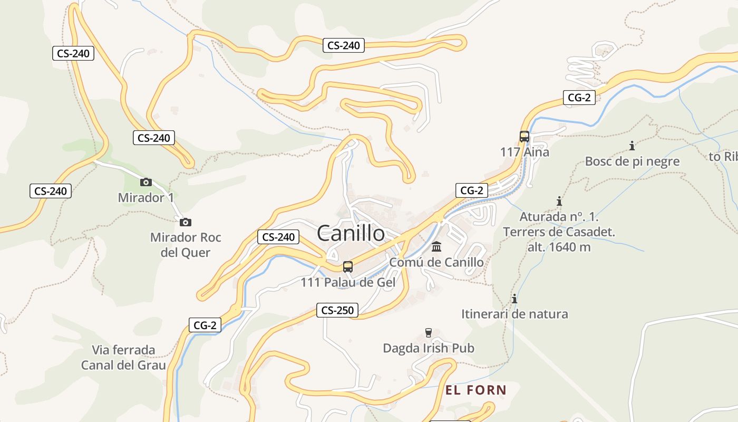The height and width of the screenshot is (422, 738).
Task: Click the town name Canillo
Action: pos(351,234)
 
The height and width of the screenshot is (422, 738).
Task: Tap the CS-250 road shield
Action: pos(337,310)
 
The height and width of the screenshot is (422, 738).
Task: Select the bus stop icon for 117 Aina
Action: pos(524,137)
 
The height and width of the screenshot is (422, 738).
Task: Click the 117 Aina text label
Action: pos(525,152)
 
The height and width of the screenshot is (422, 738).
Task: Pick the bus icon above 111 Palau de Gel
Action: pos(348,267)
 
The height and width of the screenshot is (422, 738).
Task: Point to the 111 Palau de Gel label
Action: pos(348,283)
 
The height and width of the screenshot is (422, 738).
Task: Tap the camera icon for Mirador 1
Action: pos(146,183)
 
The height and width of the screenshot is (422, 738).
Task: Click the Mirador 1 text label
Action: pos(145,198)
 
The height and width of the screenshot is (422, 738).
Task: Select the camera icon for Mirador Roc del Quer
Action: pos(185,222)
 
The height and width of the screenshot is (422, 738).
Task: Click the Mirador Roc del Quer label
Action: pos(186,245)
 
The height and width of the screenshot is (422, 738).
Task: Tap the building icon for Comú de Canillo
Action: pos(436,247)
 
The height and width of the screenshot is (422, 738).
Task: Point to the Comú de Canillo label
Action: pos(436,262)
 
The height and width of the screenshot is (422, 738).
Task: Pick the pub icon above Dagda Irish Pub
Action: pos(428,333)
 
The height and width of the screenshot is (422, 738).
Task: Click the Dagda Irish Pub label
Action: pos(429,348)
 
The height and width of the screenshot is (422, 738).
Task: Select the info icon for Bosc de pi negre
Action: pos(632,146)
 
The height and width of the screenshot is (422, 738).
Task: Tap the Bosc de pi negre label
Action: pos(632,161)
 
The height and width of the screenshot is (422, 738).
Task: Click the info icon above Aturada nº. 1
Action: pos(559,202)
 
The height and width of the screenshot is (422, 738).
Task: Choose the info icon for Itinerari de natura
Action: pos(514,299)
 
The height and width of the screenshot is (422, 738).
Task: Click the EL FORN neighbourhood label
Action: pos(476,390)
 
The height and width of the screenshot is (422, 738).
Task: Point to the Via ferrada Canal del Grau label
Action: pos(123,357)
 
